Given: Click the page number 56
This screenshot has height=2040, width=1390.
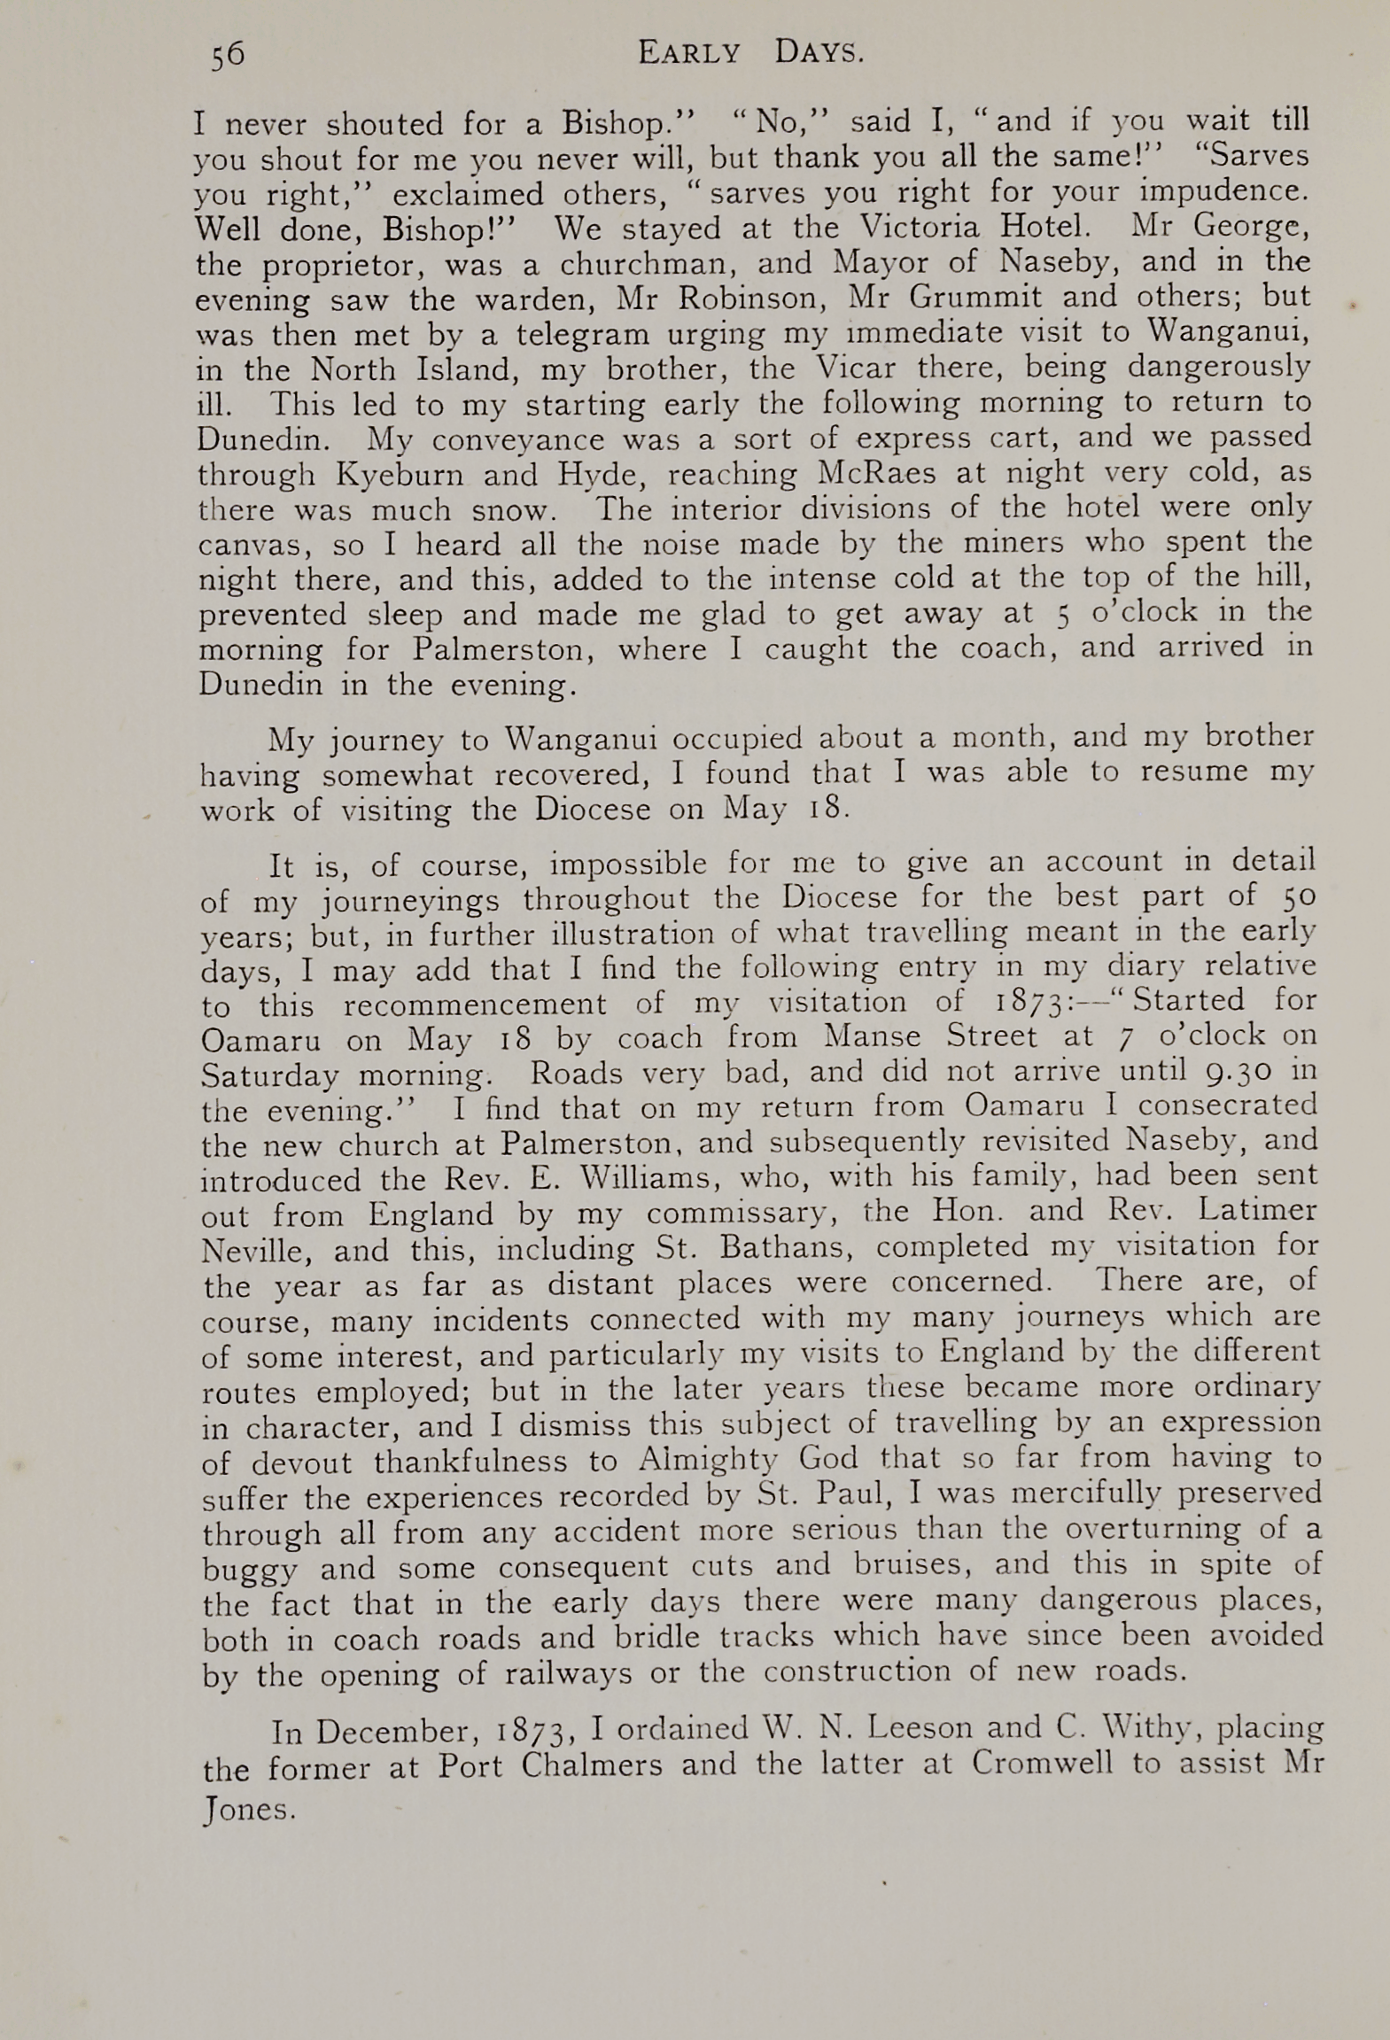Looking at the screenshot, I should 228,54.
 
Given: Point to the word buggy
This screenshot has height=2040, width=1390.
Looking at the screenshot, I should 249,1570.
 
